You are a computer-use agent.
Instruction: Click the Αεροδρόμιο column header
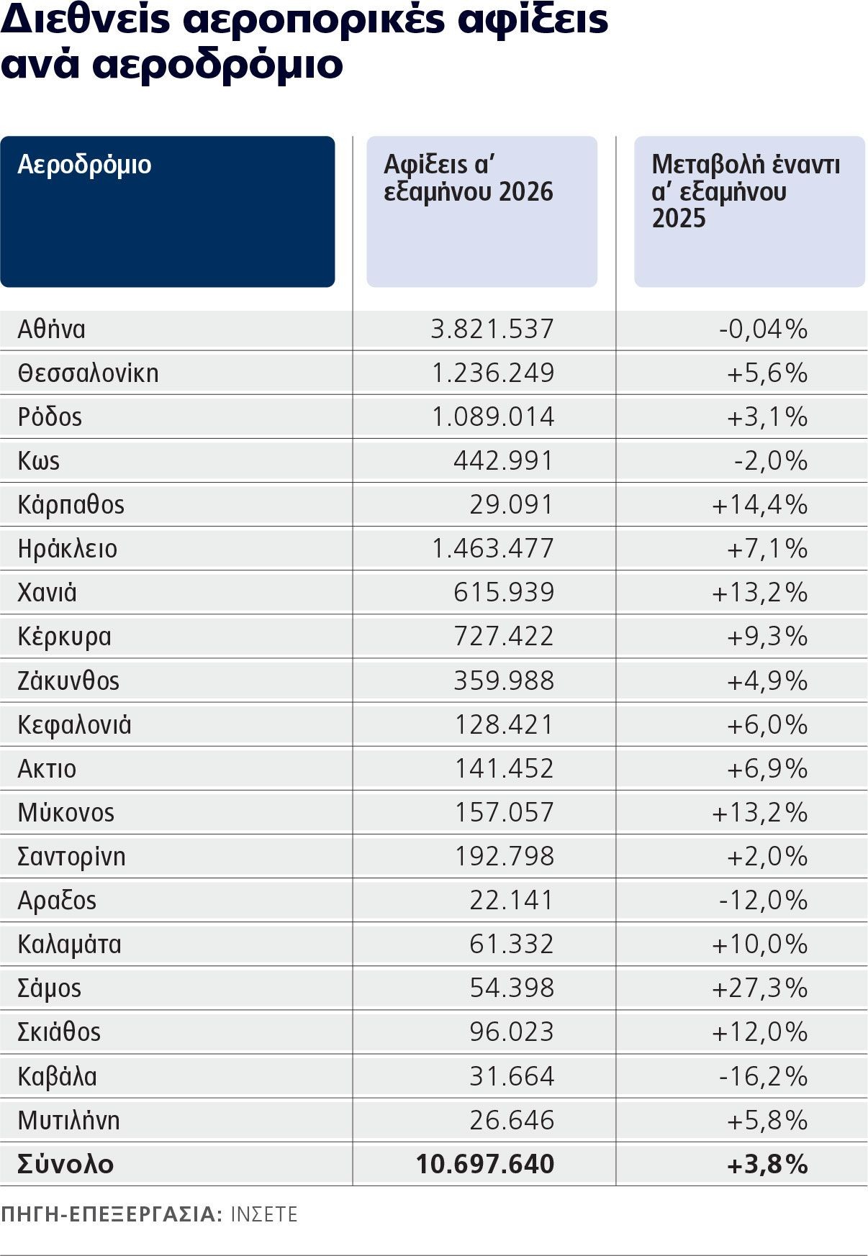click(84, 165)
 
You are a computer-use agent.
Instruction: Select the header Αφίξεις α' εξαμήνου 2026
click(469, 178)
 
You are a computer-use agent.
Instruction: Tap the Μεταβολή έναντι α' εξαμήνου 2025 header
click(746, 191)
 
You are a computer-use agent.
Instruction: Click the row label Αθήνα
click(51, 329)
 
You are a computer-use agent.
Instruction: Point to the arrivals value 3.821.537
click(492, 329)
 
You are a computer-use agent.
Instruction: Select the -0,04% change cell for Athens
click(763, 329)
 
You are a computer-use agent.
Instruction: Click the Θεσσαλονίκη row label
click(88, 373)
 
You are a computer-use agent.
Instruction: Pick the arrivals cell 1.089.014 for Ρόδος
click(493, 417)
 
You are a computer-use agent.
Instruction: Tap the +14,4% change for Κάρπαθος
click(759, 505)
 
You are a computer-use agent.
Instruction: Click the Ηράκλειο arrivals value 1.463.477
click(493, 549)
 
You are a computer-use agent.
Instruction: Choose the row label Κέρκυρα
click(64, 637)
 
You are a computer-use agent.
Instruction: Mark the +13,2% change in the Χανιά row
click(759, 593)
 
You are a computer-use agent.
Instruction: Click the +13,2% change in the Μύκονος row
click(759, 813)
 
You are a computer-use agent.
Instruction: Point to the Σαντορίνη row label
click(71, 857)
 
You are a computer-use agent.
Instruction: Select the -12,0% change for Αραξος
click(763, 901)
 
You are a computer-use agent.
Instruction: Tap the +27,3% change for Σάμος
click(759, 988)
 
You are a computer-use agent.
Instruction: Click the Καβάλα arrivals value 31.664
click(512, 1077)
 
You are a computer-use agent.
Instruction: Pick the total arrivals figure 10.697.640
click(485, 1165)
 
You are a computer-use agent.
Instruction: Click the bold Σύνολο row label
click(65, 1165)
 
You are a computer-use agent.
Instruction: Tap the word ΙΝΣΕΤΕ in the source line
click(263, 1215)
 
